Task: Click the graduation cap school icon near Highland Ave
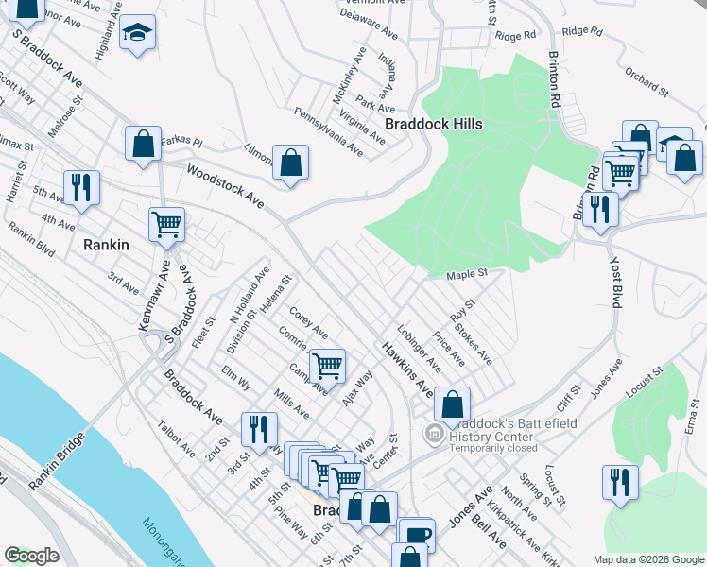138,34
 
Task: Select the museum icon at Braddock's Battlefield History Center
434,434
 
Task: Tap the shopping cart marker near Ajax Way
327,365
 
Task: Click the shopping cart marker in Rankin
166,225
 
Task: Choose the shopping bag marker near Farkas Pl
143,145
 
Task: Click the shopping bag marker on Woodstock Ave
290,162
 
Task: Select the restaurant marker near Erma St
620,481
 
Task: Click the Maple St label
466,274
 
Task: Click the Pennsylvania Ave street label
328,132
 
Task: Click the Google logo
31,556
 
